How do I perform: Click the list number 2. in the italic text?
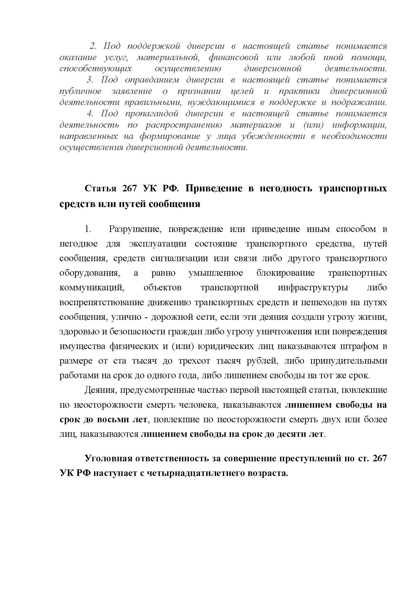pyautogui.click(x=93, y=46)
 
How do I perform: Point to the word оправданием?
pyautogui.click(x=152, y=80)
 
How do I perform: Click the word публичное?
pyautogui.click(x=80, y=91)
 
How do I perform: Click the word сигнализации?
pyautogui.click(x=179, y=258)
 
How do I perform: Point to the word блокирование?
pyautogui.click(x=285, y=273)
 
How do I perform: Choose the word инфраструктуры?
pyautogui.click(x=313, y=288)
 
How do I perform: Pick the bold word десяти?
pyautogui.click(x=290, y=434)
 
